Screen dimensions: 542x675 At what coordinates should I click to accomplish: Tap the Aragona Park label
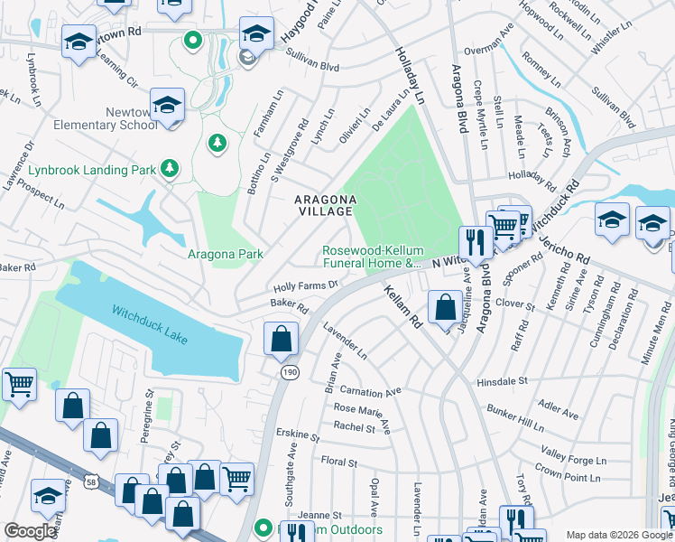226,255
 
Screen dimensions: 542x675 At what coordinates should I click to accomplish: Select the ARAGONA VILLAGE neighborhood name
322,204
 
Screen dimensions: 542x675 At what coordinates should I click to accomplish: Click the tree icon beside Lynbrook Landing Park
169,169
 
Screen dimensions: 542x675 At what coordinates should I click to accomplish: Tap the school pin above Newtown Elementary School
167,106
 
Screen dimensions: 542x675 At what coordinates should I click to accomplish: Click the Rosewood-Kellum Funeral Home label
373,257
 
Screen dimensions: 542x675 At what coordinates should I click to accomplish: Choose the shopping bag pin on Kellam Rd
445,307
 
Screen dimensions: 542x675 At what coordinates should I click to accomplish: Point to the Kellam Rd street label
402,306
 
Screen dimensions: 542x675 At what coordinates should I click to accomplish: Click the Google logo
31,530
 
